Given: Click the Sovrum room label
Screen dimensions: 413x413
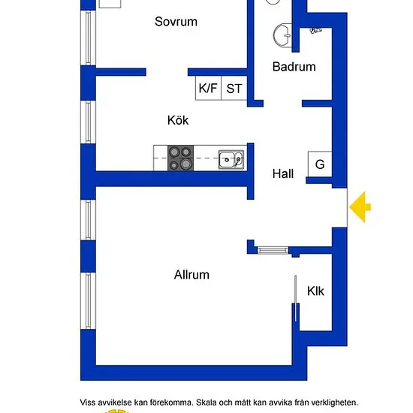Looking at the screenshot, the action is tap(176, 22).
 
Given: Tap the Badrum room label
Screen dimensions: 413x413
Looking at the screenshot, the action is tap(294, 67).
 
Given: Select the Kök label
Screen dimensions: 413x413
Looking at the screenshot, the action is tap(178, 120).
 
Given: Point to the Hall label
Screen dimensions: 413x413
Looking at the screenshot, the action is tap(283, 174).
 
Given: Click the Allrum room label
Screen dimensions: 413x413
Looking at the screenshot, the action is tap(191, 275).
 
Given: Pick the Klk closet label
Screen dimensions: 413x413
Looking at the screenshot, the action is tap(315, 291).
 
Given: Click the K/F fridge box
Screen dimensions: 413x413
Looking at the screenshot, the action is tap(208, 88).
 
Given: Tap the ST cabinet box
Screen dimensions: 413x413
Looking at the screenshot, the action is tap(234, 88).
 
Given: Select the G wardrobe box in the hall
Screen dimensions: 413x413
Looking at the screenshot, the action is tap(320, 164).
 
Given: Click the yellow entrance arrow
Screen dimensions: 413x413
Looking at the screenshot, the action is tap(360, 207).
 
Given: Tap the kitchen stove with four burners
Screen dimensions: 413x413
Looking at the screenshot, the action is tap(181, 158).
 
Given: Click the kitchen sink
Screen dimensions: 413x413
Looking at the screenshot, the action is tap(231, 159).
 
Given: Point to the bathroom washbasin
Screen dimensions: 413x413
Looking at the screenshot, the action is tap(282, 36).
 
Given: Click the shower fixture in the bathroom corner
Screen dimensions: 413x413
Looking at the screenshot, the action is tap(316, 31).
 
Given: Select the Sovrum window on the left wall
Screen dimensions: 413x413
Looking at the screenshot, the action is tap(89, 38).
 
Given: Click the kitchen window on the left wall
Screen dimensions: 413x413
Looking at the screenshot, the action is tap(89, 122).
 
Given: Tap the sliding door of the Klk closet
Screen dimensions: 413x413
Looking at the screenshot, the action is tap(296, 298).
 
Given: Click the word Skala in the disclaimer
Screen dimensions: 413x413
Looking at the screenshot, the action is tap(207, 402).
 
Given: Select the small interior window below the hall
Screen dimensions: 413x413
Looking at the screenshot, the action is tap(273, 250).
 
